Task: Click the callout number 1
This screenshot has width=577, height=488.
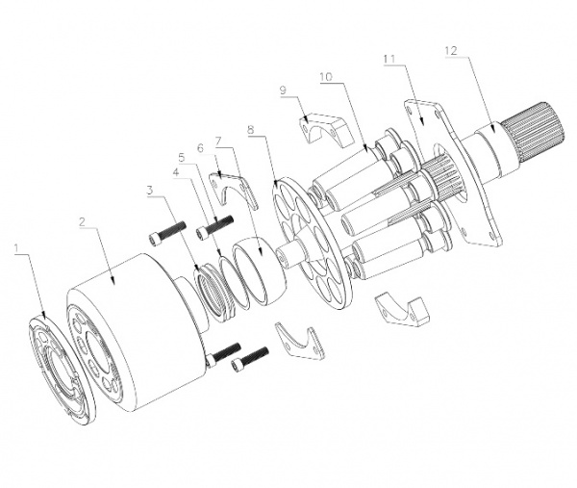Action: (16, 248)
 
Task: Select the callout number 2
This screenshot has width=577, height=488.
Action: (84, 220)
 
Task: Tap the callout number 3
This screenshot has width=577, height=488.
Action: (150, 191)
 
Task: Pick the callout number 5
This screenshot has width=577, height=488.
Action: (180, 156)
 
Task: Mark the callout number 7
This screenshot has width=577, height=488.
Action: (219, 141)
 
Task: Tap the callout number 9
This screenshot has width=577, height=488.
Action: (284, 90)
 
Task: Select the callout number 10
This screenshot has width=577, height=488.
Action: (326, 76)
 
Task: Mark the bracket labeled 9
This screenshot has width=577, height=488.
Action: (316, 129)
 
